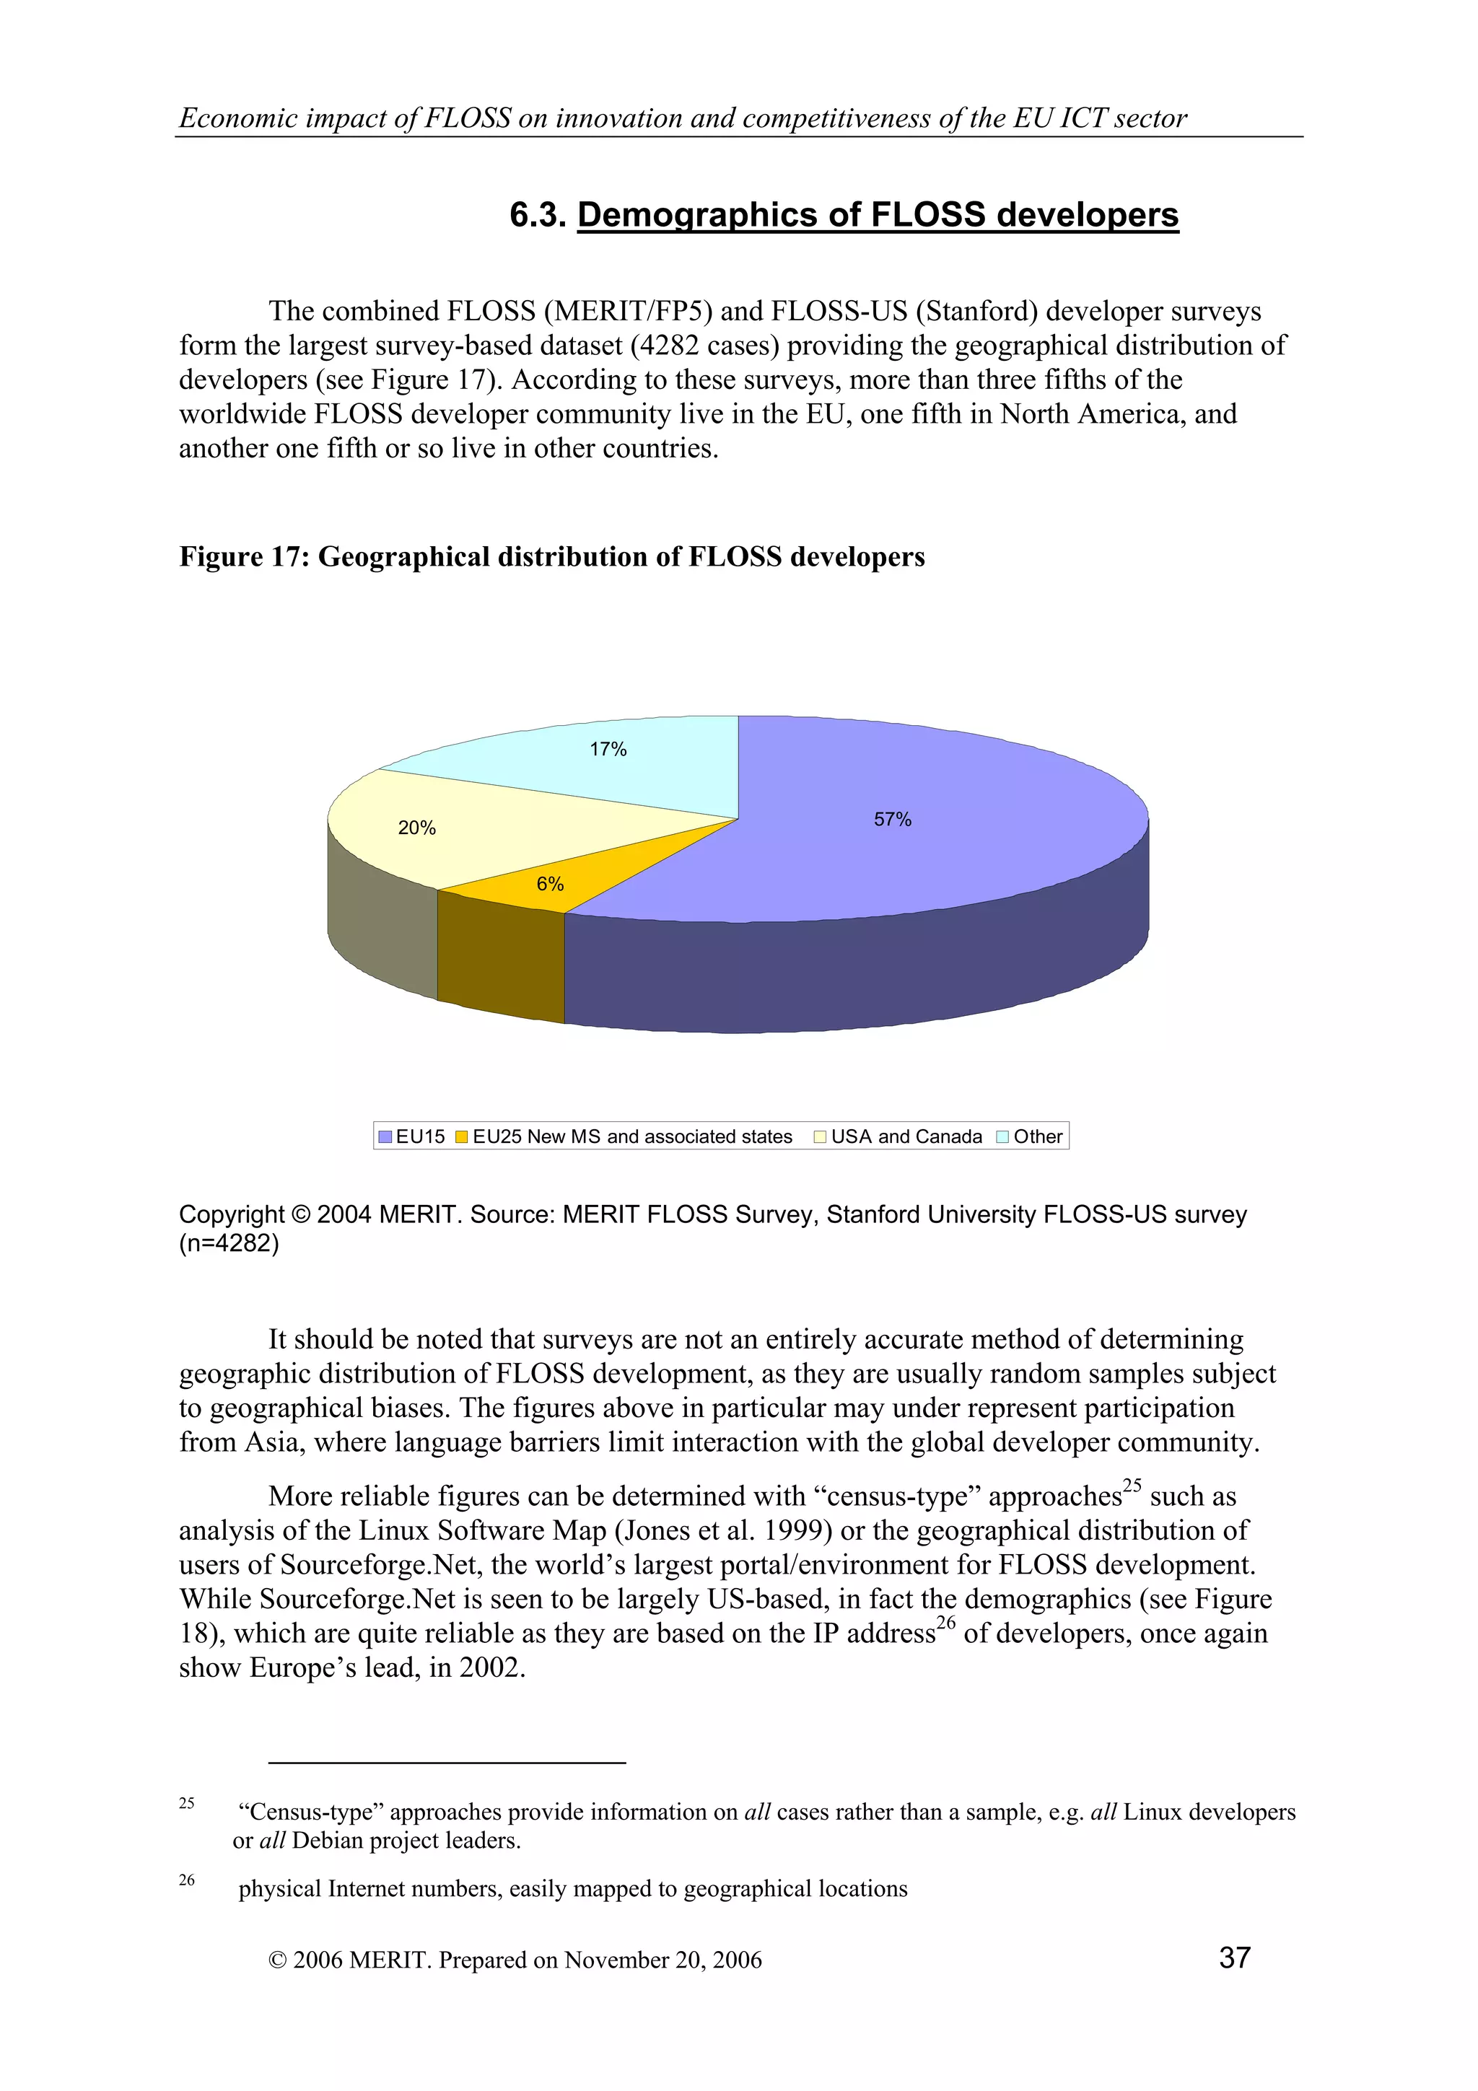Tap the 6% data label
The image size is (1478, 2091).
tap(549, 883)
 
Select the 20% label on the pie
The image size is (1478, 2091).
tap(416, 827)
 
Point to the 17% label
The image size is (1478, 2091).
tap(608, 749)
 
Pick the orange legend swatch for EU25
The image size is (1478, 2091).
tap(461, 1136)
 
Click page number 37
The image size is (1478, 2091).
tap(1234, 1956)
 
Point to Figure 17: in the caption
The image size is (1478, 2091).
tap(243, 556)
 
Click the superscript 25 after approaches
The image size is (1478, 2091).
tap(1131, 1486)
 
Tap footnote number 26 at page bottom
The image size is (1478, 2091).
tap(187, 1879)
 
